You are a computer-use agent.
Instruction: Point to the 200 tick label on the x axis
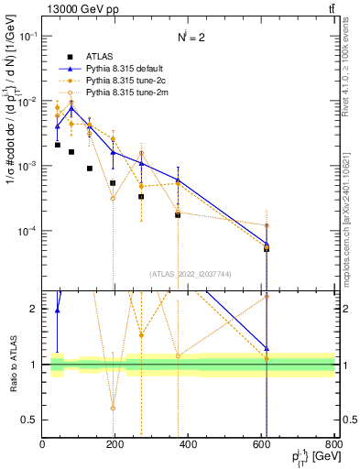click(115, 445)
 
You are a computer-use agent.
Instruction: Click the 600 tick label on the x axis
click(261, 445)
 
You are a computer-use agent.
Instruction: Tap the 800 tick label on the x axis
click(334, 445)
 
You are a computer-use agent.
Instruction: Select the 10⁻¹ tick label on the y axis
click(28, 37)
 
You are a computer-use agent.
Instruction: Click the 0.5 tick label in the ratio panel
click(30, 420)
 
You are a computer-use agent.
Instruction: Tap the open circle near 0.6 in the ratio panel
click(113, 408)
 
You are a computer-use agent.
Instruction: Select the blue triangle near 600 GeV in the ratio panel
click(267, 348)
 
